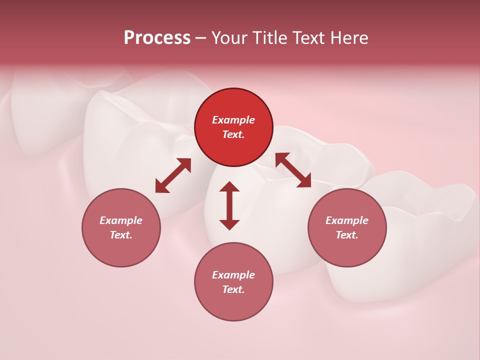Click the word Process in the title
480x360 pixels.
point(157,38)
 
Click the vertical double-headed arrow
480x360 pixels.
point(229,205)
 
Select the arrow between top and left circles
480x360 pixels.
point(173,175)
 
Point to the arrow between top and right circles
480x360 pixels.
point(293,170)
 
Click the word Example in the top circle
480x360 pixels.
point(233,120)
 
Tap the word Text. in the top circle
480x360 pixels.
point(233,134)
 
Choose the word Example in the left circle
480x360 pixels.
point(121,220)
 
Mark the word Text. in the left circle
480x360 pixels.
point(121,235)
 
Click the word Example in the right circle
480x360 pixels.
point(347,220)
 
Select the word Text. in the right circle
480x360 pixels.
point(347,235)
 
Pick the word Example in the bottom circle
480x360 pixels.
point(233,275)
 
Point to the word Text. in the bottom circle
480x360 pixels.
point(233,289)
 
